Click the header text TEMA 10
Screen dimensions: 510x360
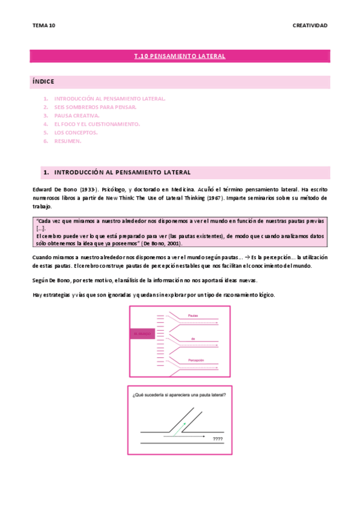click(44, 25)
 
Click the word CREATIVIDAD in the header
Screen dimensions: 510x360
click(310, 25)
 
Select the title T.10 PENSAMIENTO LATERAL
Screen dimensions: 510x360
click(180, 57)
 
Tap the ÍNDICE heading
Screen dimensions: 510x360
click(44, 81)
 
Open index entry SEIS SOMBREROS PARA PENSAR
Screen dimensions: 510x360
click(95, 106)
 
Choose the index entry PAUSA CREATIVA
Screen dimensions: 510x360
click(77, 115)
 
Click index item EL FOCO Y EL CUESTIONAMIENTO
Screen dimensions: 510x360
click(97, 124)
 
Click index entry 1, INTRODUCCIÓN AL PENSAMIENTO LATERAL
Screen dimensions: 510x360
click(109, 98)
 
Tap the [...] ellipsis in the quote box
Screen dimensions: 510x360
click(41, 229)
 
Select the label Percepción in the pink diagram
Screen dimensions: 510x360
click(196, 360)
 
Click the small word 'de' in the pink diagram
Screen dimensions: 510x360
click(194, 339)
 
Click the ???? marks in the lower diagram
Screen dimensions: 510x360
click(218, 439)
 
